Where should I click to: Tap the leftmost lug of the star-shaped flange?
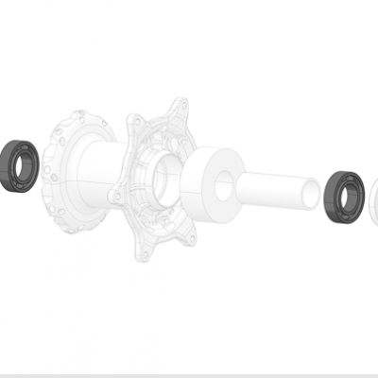tap(117, 194)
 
